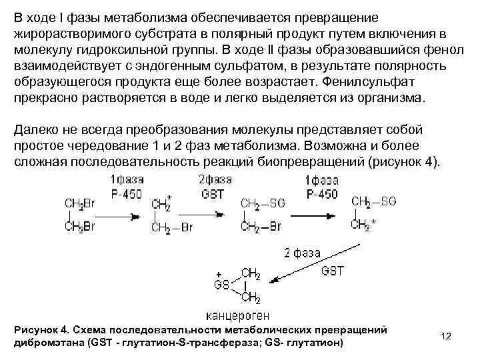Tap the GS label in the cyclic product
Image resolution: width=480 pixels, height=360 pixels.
pos(221,284)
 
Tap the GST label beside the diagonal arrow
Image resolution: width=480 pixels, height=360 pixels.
pos(333,270)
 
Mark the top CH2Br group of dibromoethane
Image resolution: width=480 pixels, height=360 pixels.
pos(79,202)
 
